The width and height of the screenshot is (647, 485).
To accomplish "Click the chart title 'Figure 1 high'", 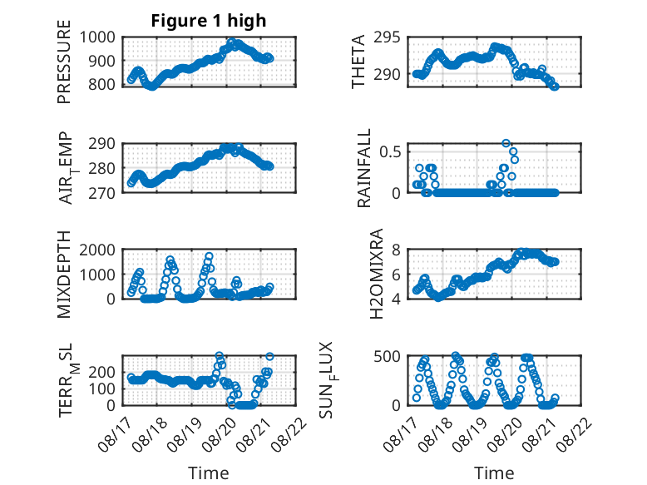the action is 209,21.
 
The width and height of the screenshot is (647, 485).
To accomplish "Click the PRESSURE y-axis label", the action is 64,62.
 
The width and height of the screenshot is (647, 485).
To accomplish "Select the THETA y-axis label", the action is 358,62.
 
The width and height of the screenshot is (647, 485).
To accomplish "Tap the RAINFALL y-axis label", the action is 364,168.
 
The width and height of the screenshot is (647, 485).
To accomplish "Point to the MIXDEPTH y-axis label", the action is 64,275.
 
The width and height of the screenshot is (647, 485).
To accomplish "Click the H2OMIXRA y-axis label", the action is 377,274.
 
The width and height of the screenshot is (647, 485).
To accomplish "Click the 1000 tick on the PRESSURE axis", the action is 97,37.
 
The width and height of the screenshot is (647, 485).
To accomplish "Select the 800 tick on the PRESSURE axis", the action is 102,84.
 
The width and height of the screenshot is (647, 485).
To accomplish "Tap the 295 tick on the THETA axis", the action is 387,37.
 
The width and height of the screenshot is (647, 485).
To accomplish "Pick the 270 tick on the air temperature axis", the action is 102,193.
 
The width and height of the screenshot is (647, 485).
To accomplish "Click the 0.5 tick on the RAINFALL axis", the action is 390,151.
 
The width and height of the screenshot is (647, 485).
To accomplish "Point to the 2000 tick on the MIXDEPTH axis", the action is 97,250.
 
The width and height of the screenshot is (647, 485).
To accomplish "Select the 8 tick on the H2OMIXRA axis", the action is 397,250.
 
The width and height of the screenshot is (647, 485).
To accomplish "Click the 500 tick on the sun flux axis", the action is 387,356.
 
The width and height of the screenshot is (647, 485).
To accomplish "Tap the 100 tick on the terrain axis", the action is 102,388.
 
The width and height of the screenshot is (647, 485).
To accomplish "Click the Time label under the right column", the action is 494,473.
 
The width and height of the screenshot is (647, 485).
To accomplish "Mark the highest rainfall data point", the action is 506,143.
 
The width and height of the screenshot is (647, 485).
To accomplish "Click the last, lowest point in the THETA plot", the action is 555,87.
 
